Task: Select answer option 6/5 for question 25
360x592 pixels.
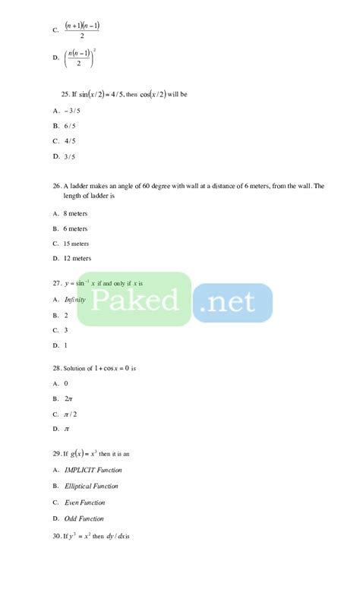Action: coord(70,125)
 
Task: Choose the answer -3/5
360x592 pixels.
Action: coord(71,110)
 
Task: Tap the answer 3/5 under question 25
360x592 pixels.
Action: coord(70,156)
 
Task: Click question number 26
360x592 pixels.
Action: coord(57,186)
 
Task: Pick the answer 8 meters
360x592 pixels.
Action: coord(76,213)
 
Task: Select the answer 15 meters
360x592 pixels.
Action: coord(77,244)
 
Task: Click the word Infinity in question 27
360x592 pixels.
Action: coord(75,299)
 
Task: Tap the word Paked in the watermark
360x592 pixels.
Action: coord(137,299)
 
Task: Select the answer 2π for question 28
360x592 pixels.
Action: coord(68,398)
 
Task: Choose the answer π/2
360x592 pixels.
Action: coord(71,414)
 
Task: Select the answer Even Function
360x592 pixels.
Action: coord(84,502)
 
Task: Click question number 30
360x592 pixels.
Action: coord(57,536)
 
